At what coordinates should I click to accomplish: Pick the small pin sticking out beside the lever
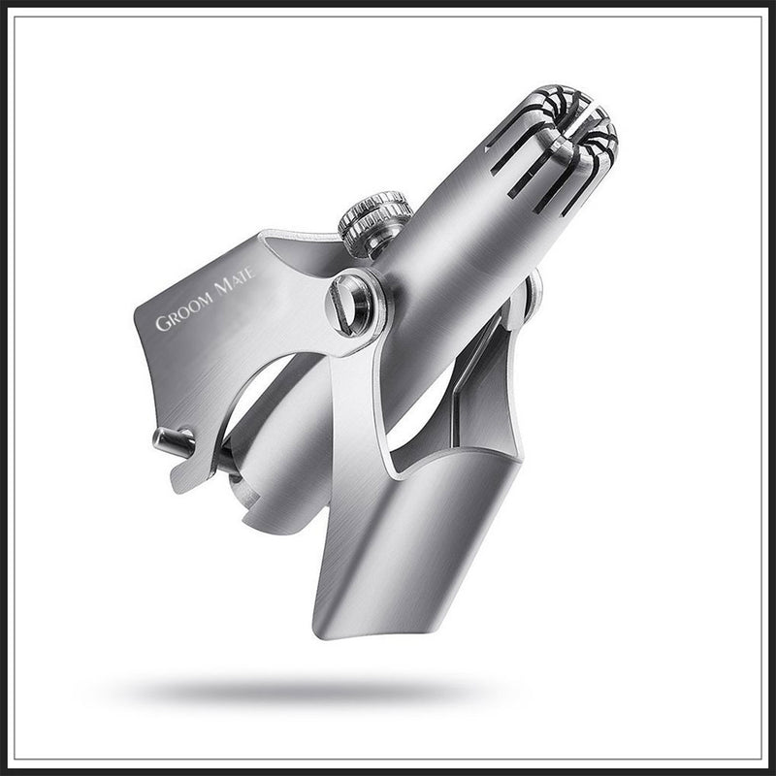172,439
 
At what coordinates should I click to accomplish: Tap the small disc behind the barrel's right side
532,296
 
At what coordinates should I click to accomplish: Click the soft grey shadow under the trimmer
291,691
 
